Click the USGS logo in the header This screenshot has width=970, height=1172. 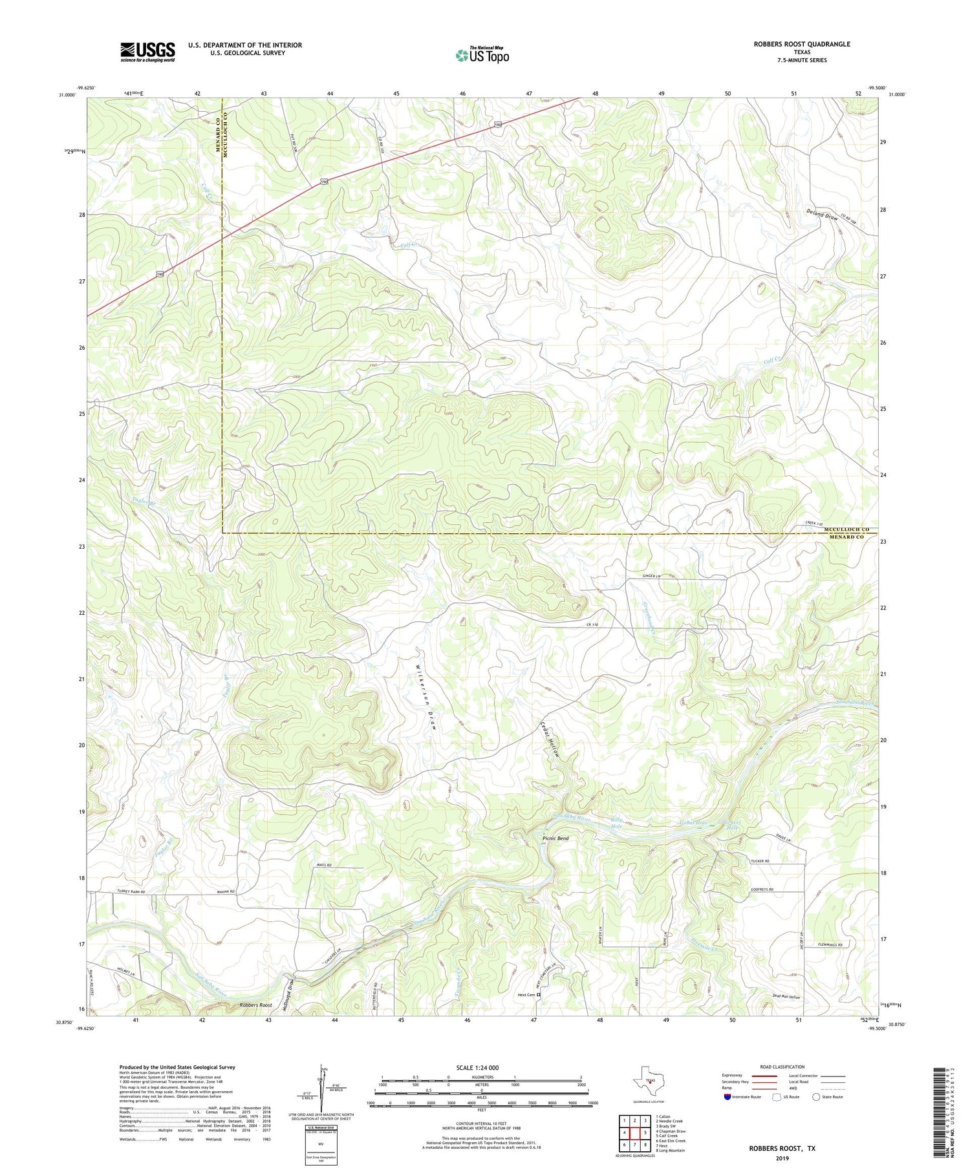click(147, 52)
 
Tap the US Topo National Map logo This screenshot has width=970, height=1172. click(482, 55)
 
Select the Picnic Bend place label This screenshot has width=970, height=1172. click(555, 838)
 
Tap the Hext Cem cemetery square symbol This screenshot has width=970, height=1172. click(539, 995)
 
